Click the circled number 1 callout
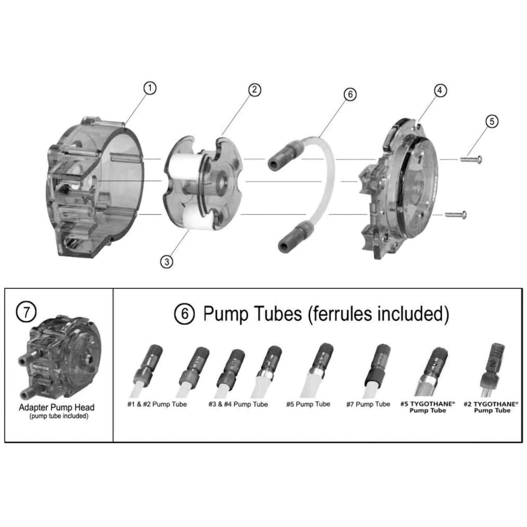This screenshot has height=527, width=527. [150, 88]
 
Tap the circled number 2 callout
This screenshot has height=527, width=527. [254, 90]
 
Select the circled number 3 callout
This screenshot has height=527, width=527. [167, 261]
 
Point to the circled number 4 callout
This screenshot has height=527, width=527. [440, 90]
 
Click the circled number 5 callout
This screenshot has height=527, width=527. [492, 121]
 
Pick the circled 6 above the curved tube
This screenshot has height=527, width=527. [350, 94]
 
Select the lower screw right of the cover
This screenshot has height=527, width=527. [456, 214]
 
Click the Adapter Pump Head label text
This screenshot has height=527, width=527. [57, 408]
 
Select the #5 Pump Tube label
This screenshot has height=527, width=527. [308, 404]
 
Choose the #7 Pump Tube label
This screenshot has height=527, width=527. [368, 404]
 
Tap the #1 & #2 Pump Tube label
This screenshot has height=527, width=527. [157, 404]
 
